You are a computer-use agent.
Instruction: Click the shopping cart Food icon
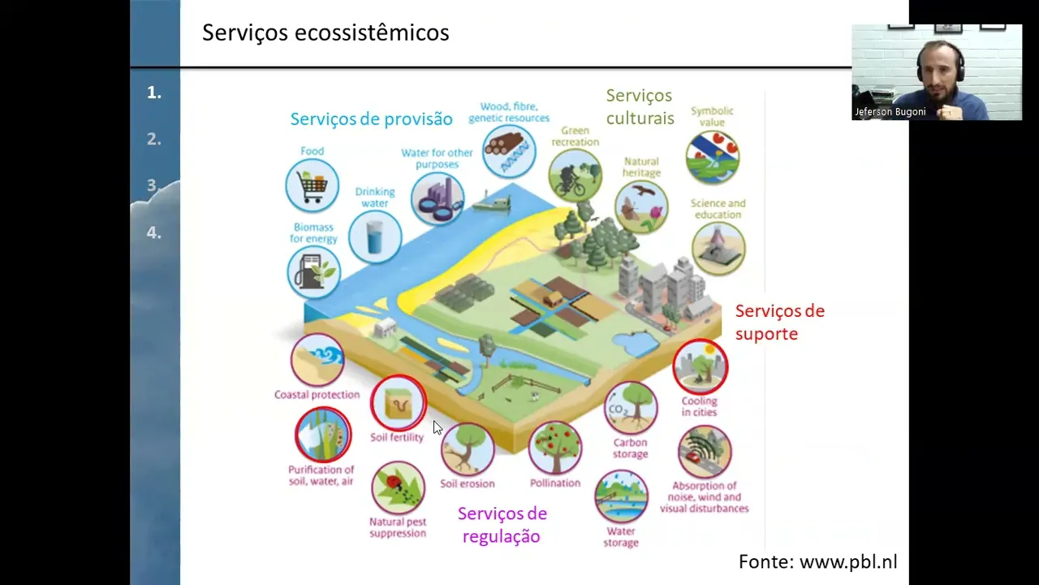click(x=313, y=185)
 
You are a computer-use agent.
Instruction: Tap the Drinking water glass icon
click(x=375, y=236)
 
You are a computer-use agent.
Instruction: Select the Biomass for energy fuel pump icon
click(x=313, y=272)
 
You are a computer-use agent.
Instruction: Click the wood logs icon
click(x=509, y=151)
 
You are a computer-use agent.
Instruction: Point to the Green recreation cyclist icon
click(x=576, y=175)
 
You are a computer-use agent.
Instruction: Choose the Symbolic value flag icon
click(x=713, y=158)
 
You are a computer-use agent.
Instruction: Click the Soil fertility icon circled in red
click(x=399, y=402)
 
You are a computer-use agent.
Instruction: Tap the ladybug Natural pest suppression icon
click(x=398, y=487)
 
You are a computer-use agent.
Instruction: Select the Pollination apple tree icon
click(x=555, y=448)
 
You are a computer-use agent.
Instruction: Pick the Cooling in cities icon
click(x=701, y=366)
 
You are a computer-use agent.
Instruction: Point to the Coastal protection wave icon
click(x=317, y=359)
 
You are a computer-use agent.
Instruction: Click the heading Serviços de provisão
click(x=372, y=119)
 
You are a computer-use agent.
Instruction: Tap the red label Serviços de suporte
click(x=780, y=323)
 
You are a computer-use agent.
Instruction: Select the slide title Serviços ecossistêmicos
click(x=325, y=32)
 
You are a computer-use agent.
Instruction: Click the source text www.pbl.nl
click(x=848, y=561)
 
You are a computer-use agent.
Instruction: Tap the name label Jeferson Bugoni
click(x=890, y=112)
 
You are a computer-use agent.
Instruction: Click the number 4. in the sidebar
click(x=154, y=232)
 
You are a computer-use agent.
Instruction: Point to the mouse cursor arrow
click(x=438, y=427)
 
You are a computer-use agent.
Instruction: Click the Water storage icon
click(x=621, y=496)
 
